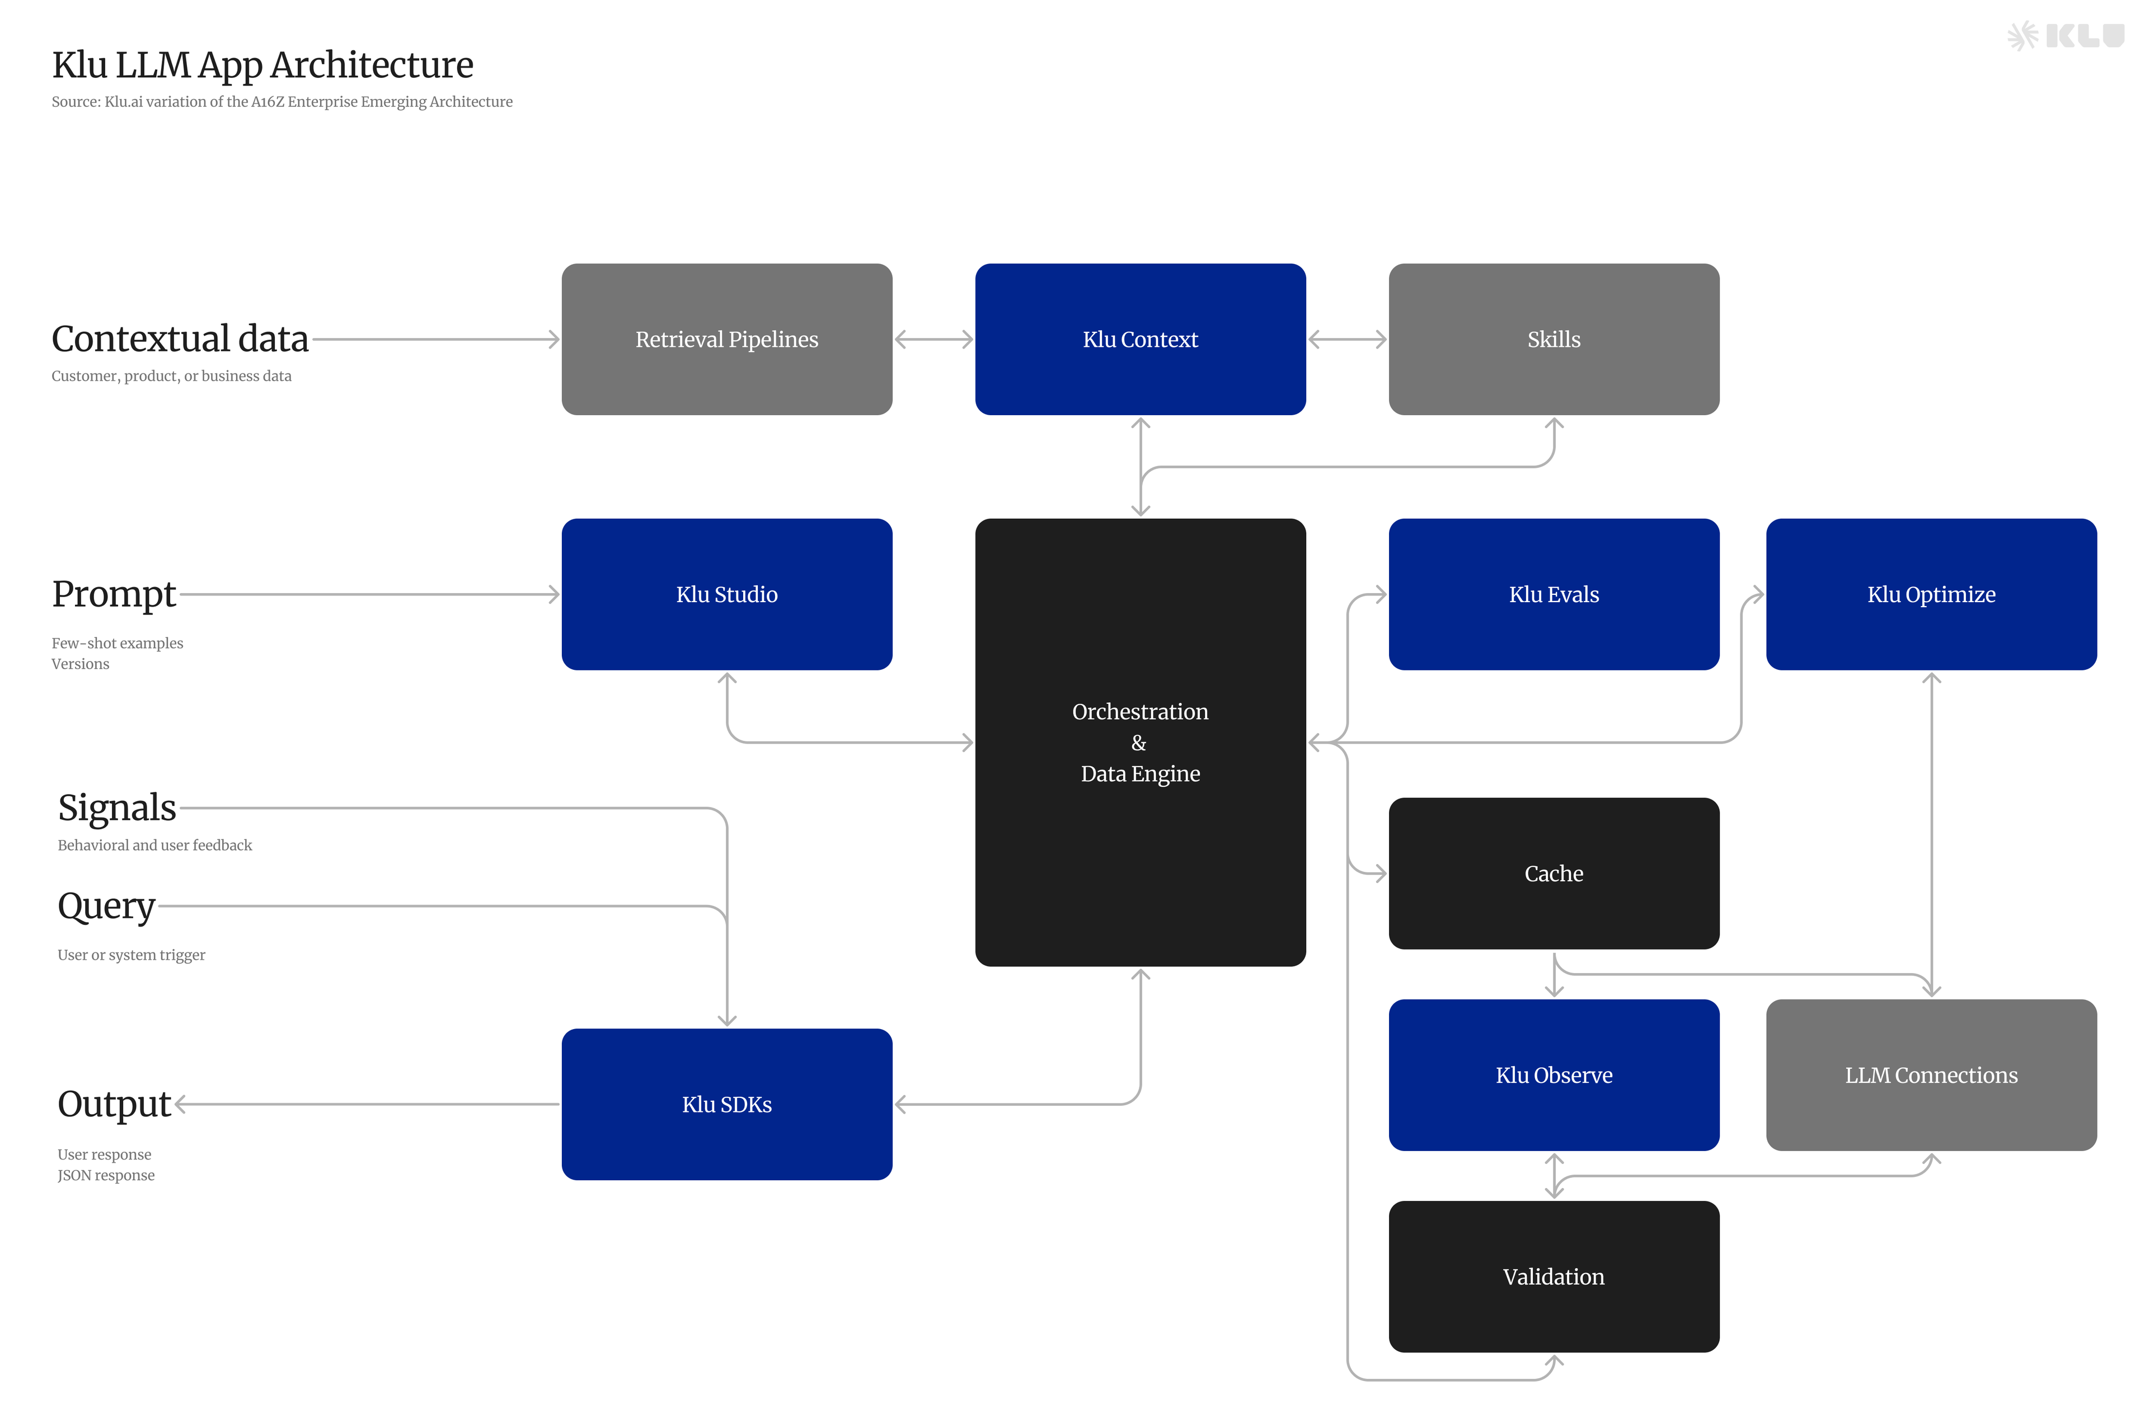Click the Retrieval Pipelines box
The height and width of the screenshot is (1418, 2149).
pyautogui.click(x=726, y=339)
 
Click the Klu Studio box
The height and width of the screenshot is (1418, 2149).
pyautogui.click(x=726, y=594)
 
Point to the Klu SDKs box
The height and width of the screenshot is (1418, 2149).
pyautogui.click(x=726, y=1104)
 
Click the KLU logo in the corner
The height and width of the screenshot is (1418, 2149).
pyautogui.click(x=2065, y=36)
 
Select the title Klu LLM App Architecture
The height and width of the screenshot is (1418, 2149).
pyautogui.click(x=262, y=65)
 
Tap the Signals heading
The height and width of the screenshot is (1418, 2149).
pyautogui.click(x=116, y=807)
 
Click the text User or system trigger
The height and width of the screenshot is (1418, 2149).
pyautogui.click(x=131, y=955)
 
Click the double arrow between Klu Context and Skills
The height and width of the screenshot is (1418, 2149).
pyautogui.click(x=1346, y=339)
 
